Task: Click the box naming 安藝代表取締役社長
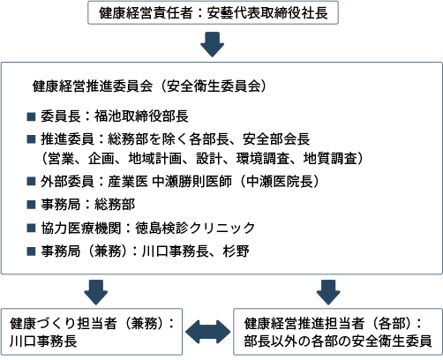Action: [x=213, y=12]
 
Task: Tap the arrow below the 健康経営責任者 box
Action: [x=212, y=44]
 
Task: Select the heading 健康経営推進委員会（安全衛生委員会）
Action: [x=149, y=86]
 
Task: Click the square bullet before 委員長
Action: [x=31, y=116]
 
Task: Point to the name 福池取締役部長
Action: [x=141, y=116]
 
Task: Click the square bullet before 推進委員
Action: [x=31, y=139]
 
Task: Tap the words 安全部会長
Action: [x=276, y=139]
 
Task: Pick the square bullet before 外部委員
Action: [x=31, y=181]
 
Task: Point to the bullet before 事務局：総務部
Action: [x=31, y=204]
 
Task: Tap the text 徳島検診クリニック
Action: [x=195, y=228]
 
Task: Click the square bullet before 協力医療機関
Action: [x=31, y=228]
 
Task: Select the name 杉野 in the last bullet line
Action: [x=236, y=251]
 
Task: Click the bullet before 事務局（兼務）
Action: [x=31, y=251]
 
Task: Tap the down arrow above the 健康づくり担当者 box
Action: [x=96, y=292]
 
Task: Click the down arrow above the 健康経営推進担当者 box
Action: [x=328, y=292]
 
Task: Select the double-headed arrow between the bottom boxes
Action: [x=208, y=332]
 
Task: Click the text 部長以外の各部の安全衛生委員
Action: [x=338, y=341]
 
